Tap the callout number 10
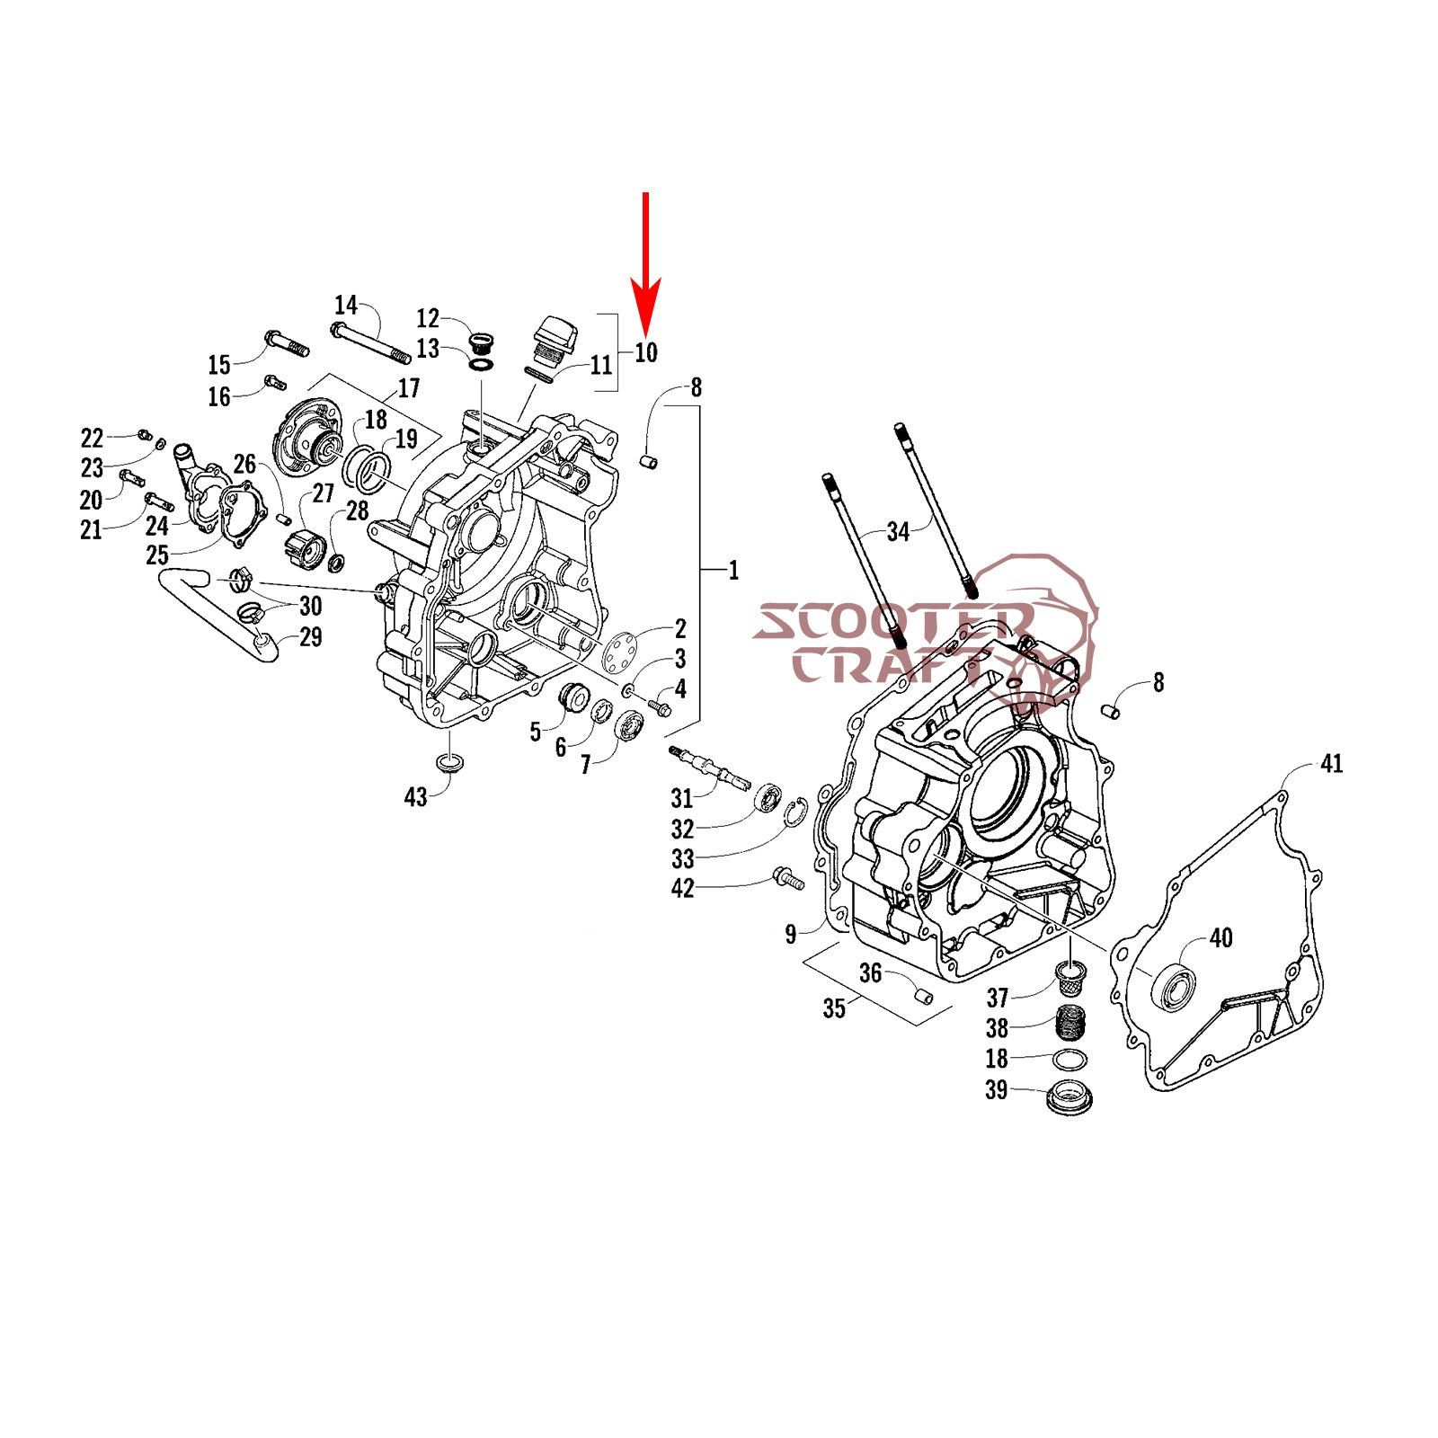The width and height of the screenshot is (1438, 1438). [x=646, y=352]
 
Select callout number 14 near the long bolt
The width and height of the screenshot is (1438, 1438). [x=346, y=305]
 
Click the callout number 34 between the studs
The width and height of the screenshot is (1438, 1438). [x=898, y=532]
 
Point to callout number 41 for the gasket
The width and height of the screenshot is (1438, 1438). [x=1331, y=764]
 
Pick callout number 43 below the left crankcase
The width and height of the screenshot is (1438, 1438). [x=415, y=797]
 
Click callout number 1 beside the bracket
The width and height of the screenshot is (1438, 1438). [x=733, y=571]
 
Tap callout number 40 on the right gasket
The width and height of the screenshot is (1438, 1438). [x=1221, y=938]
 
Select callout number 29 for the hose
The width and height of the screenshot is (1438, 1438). [x=310, y=637]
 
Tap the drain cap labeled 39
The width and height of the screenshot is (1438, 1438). [x=1070, y=1098]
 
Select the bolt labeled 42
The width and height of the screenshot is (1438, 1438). [x=788, y=877]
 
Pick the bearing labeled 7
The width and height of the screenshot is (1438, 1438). [x=631, y=724]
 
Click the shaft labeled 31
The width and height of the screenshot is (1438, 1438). [x=709, y=768]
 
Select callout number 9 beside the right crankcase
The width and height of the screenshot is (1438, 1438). [x=791, y=935]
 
